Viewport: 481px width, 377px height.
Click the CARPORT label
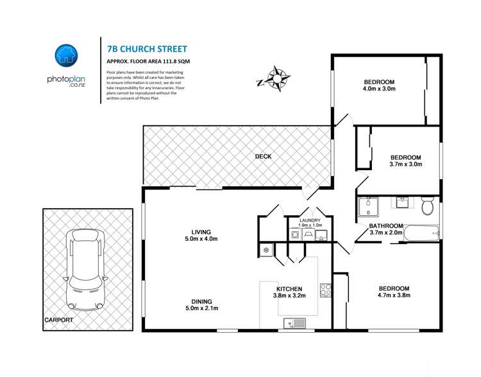coord(59,319)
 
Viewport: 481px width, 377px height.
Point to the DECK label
coord(263,155)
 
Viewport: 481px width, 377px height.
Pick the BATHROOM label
coord(386,226)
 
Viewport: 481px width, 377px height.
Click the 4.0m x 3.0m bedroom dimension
coord(379,89)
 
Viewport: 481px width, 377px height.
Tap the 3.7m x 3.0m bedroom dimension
coord(405,165)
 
